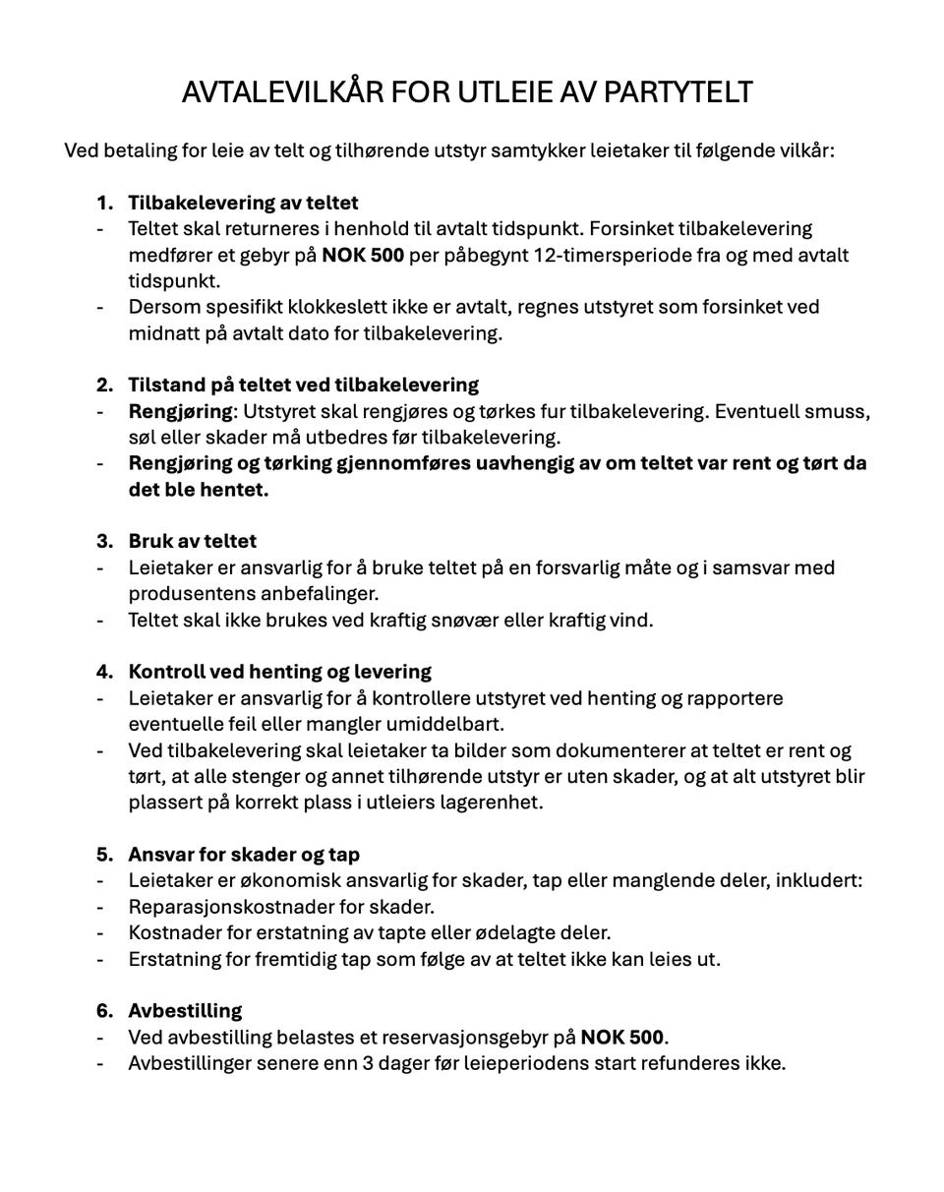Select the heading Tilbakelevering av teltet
[243, 203]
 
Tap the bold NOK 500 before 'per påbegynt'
[363, 255]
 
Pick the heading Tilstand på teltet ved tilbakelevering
[303, 384]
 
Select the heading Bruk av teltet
[192, 541]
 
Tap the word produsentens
[188, 593]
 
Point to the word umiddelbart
[447, 724]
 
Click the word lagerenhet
[490, 802]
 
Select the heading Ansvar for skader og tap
[244, 854]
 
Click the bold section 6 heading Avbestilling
[185, 1010]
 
